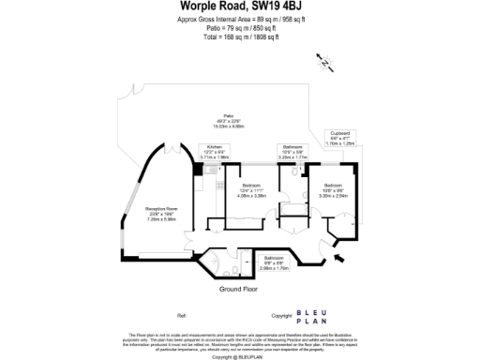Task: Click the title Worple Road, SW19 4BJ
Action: (239, 7)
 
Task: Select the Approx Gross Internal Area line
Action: (239, 20)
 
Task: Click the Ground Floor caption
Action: (238, 290)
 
